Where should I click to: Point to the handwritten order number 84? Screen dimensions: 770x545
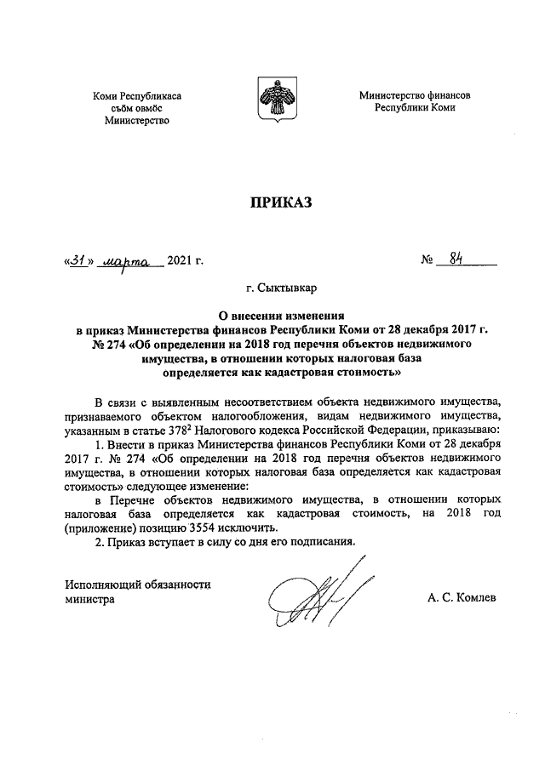click(x=456, y=260)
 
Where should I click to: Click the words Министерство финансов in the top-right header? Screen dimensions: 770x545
click(x=414, y=96)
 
